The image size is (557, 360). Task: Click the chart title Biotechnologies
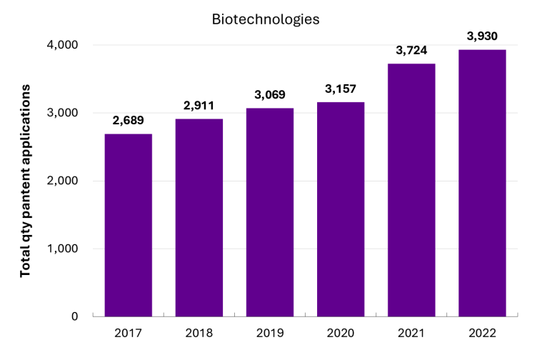266,19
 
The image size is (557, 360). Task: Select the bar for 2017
129,225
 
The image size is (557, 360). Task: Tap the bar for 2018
199,217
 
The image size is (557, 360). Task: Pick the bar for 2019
270,212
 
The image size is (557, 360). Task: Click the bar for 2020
341,209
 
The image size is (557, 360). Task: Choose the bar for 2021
411,190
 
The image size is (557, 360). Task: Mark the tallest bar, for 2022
482,183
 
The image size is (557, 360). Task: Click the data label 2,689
129,121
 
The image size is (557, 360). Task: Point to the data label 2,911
199,106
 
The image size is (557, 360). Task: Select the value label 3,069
270,94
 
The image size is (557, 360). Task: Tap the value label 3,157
341,89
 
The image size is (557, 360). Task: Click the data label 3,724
411,51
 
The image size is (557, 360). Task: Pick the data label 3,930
482,36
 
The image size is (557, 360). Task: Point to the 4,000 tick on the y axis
62,45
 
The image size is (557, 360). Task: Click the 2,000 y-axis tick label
62,181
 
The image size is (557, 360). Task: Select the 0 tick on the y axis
74,316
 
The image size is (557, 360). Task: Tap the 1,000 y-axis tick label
63,249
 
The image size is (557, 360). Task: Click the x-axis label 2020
341,333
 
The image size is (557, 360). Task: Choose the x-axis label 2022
482,333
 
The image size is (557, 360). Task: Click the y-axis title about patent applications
25,181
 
